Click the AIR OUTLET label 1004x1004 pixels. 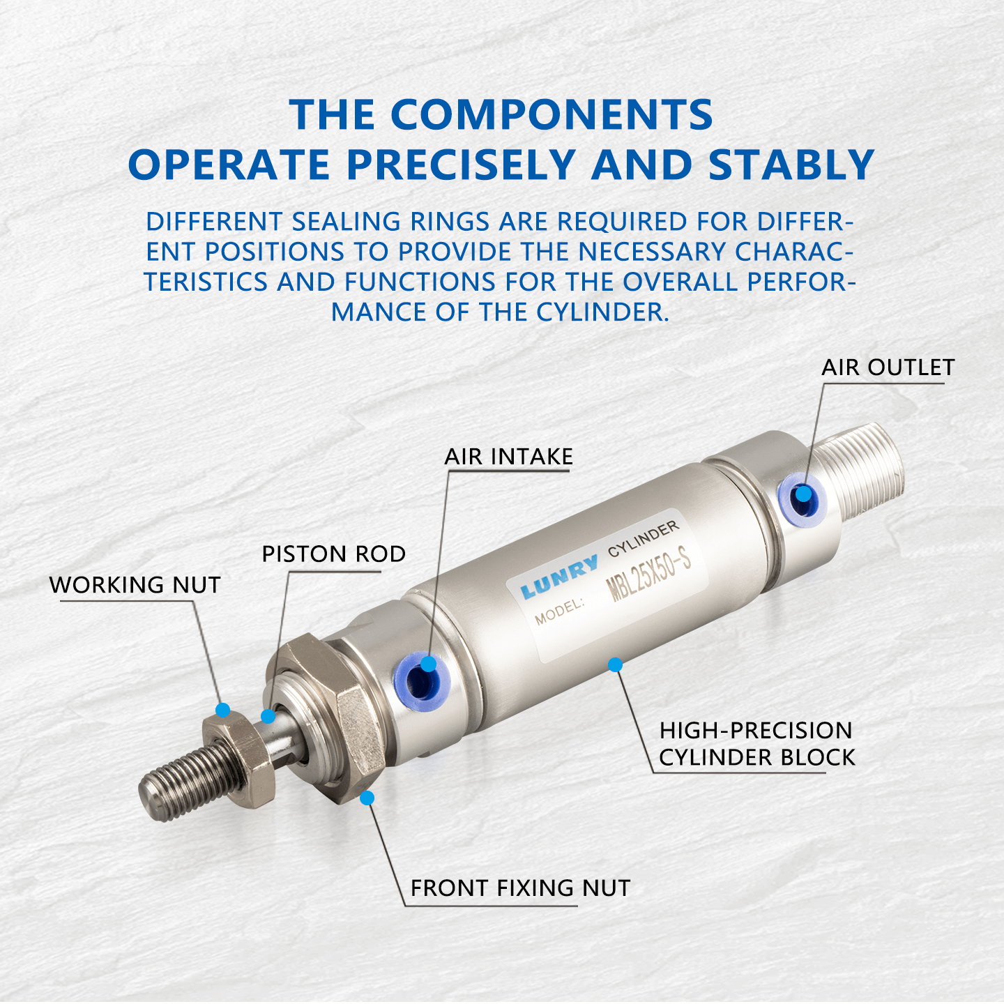[x=887, y=367]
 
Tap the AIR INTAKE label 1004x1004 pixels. [x=508, y=457]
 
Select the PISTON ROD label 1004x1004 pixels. [x=333, y=554]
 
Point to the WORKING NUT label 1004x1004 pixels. [x=135, y=585]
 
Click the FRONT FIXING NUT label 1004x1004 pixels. [x=520, y=888]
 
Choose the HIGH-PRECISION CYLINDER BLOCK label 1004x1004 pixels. [x=756, y=744]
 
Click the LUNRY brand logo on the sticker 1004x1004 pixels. [x=559, y=577]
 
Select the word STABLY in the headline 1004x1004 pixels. [x=791, y=165]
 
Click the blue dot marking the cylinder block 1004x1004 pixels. [x=615, y=665]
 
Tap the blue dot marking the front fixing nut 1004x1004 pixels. [x=367, y=798]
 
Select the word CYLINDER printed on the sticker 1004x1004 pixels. [x=643, y=539]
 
